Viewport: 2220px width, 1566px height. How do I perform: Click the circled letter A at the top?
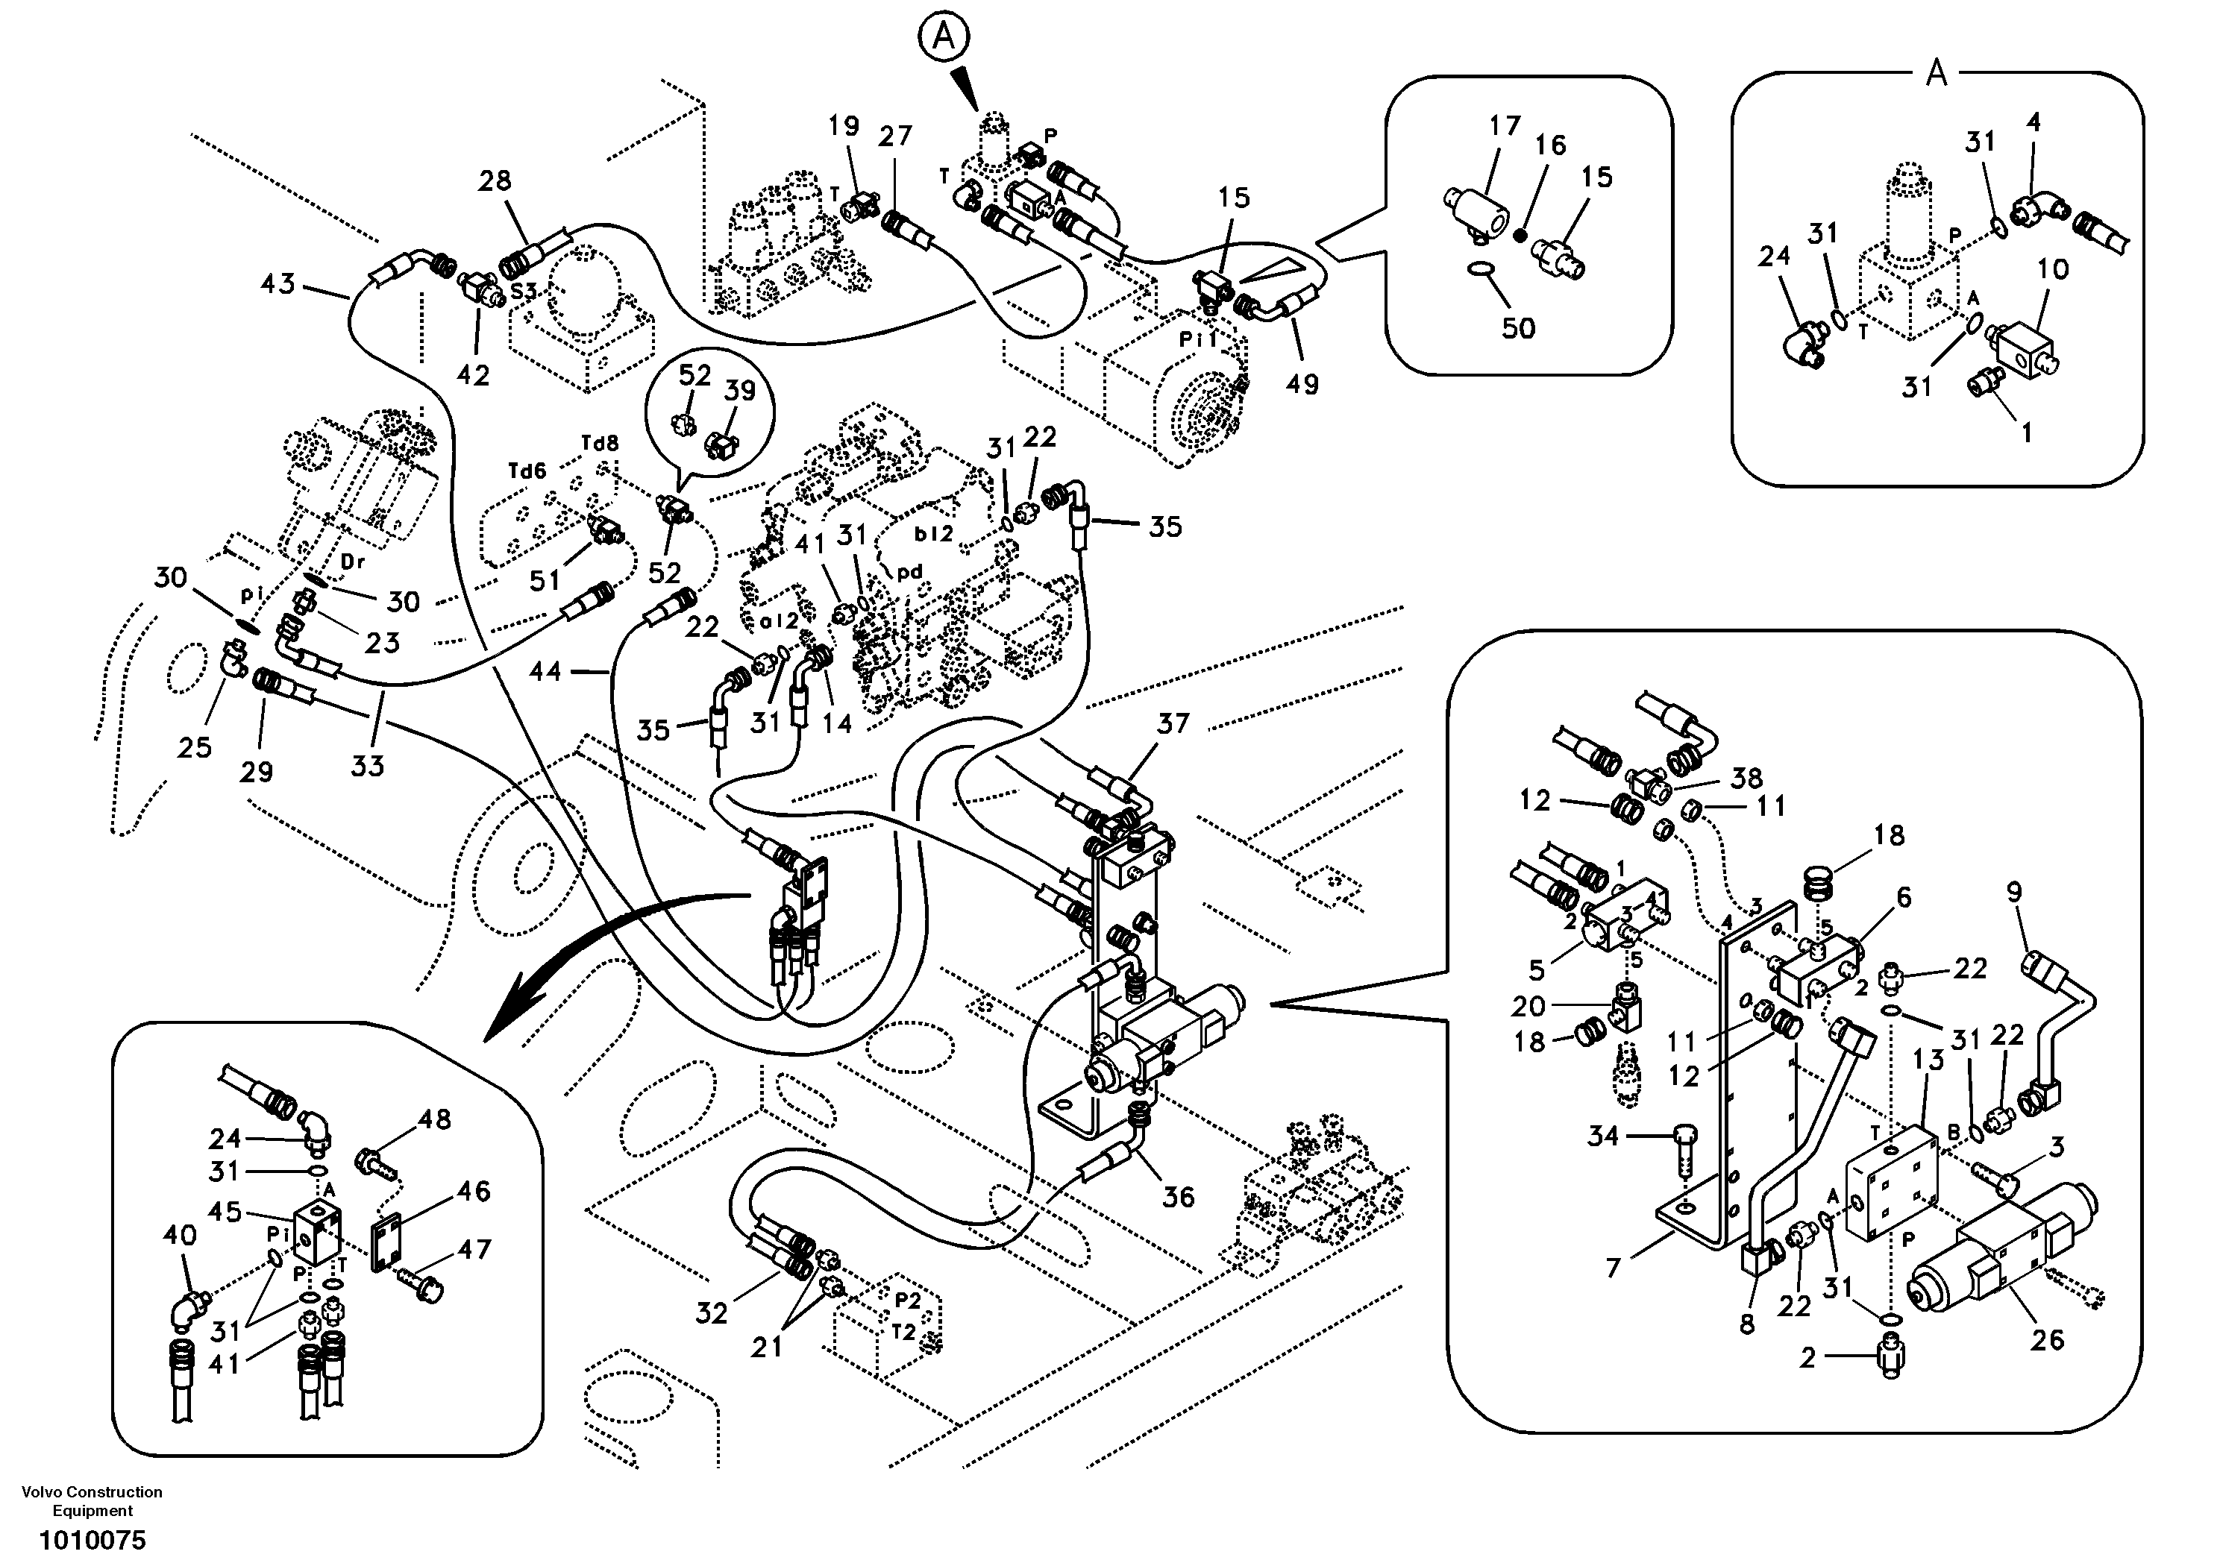[x=943, y=38]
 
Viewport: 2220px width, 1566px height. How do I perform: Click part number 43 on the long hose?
[x=278, y=284]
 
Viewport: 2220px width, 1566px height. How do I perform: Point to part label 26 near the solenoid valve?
[x=2047, y=1340]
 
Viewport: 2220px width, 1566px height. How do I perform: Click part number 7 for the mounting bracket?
[x=1613, y=1267]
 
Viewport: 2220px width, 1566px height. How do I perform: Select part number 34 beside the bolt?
[x=1602, y=1136]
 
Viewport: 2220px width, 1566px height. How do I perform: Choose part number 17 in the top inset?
[x=1505, y=126]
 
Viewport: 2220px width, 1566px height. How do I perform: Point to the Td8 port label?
[x=600, y=444]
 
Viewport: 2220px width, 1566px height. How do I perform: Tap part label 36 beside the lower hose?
[x=1178, y=1198]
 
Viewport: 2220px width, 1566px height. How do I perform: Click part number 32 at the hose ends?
[x=712, y=1312]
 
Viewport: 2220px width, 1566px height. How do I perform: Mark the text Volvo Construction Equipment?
[x=92, y=1501]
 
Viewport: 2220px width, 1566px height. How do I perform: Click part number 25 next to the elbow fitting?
[x=195, y=746]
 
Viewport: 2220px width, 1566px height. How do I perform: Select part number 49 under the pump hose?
[x=1302, y=384]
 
